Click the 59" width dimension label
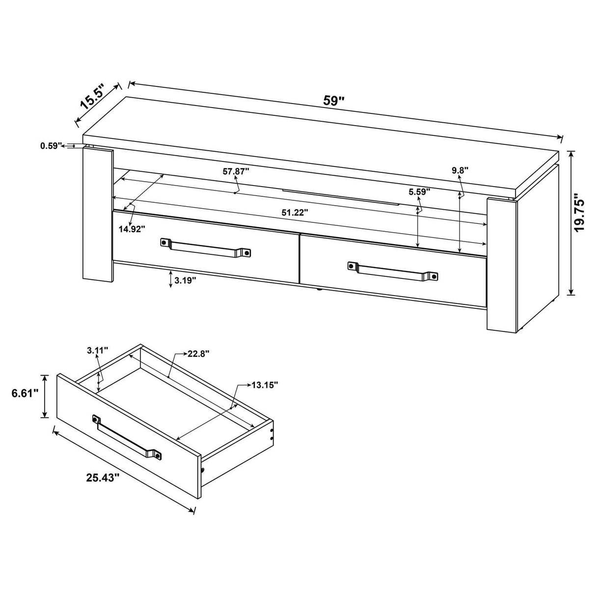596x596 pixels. coord(334,101)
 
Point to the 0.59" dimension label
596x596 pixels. coord(51,145)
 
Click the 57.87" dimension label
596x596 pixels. coord(236,171)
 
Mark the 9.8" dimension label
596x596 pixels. coord(460,170)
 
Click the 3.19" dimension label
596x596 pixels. coord(186,280)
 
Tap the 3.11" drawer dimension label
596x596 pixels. coord(97,350)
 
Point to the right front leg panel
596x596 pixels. coord(500,263)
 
